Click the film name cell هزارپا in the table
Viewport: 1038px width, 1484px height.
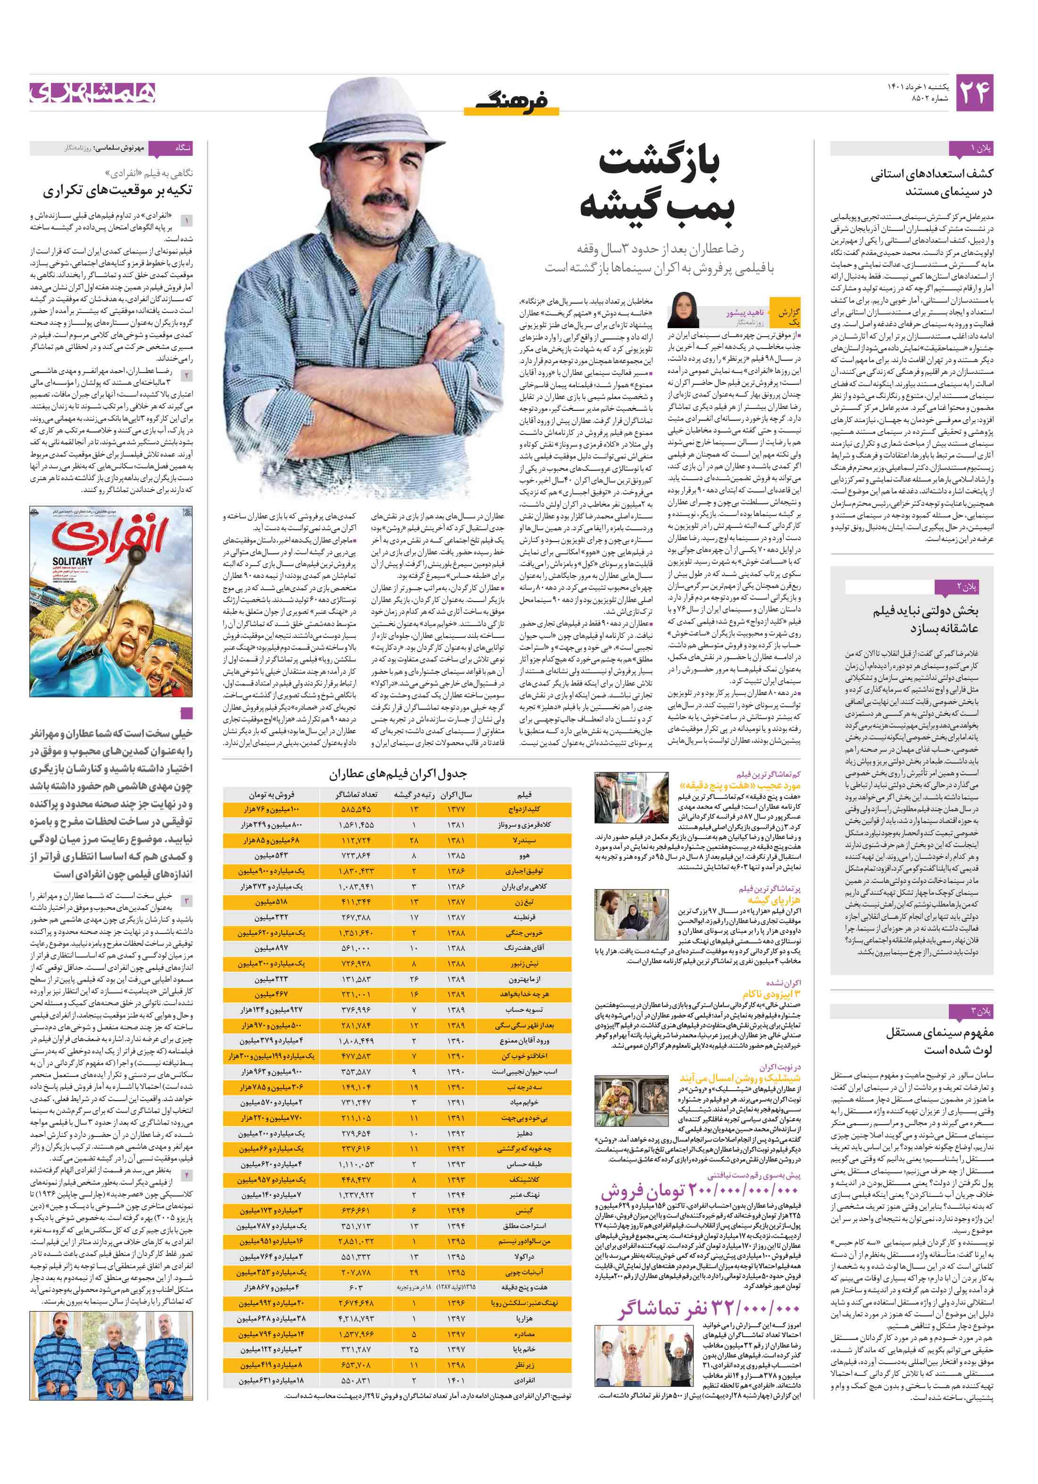click(x=524, y=1319)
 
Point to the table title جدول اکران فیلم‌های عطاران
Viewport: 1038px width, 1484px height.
click(x=397, y=774)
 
